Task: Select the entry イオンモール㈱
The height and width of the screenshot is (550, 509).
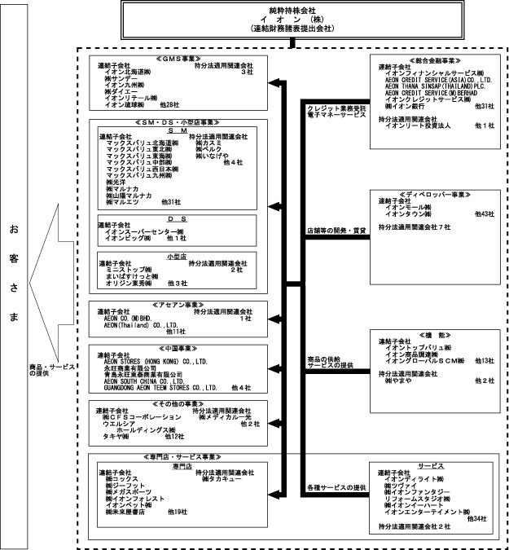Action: pyautogui.click(x=412, y=207)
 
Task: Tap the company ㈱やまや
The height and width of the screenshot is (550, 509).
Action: pyautogui.click(x=399, y=381)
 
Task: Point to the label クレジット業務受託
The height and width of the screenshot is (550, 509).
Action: pyautogui.click(x=336, y=108)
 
